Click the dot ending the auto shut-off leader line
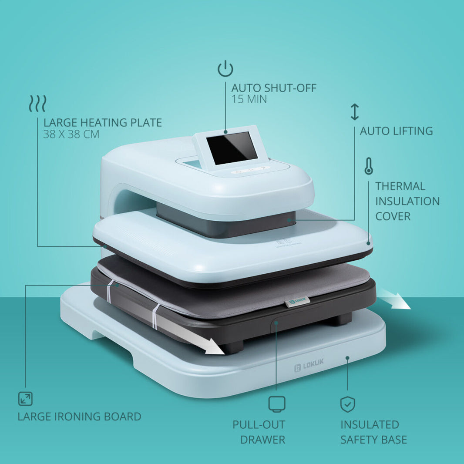pyautogui.click(x=225, y=132)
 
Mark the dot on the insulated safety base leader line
pyautogui.click(x=347, y=358)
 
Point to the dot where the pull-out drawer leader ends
pyautogui.click(x=276, y=323)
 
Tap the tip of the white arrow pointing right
pyautogui.click(x=410, y=309)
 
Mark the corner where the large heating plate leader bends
pyautogui.click(x=37, y=246)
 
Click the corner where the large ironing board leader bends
pyautogui.click(x=26, y=285)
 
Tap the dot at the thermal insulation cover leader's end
pyautogui.click(x=368, y=244)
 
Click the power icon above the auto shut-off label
pyautogui.click(x=225, y=69)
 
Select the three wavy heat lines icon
pyautogui.click(x=37, y=104)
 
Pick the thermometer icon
pyautogui.click(x=369, y=166)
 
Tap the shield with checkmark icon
pyautogui.click(x=347, y=404)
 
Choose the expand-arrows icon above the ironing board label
pyautogui.click(x=25, y=399)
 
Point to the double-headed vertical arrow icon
pyautogui.click(x=355, y=112)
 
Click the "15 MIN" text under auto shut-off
pyautogui.click(x=249, y=99)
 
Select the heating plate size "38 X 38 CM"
pyautogui.click(x=71, y=134)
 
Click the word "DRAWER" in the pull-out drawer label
pyautogui.click(x=263, y=440)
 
